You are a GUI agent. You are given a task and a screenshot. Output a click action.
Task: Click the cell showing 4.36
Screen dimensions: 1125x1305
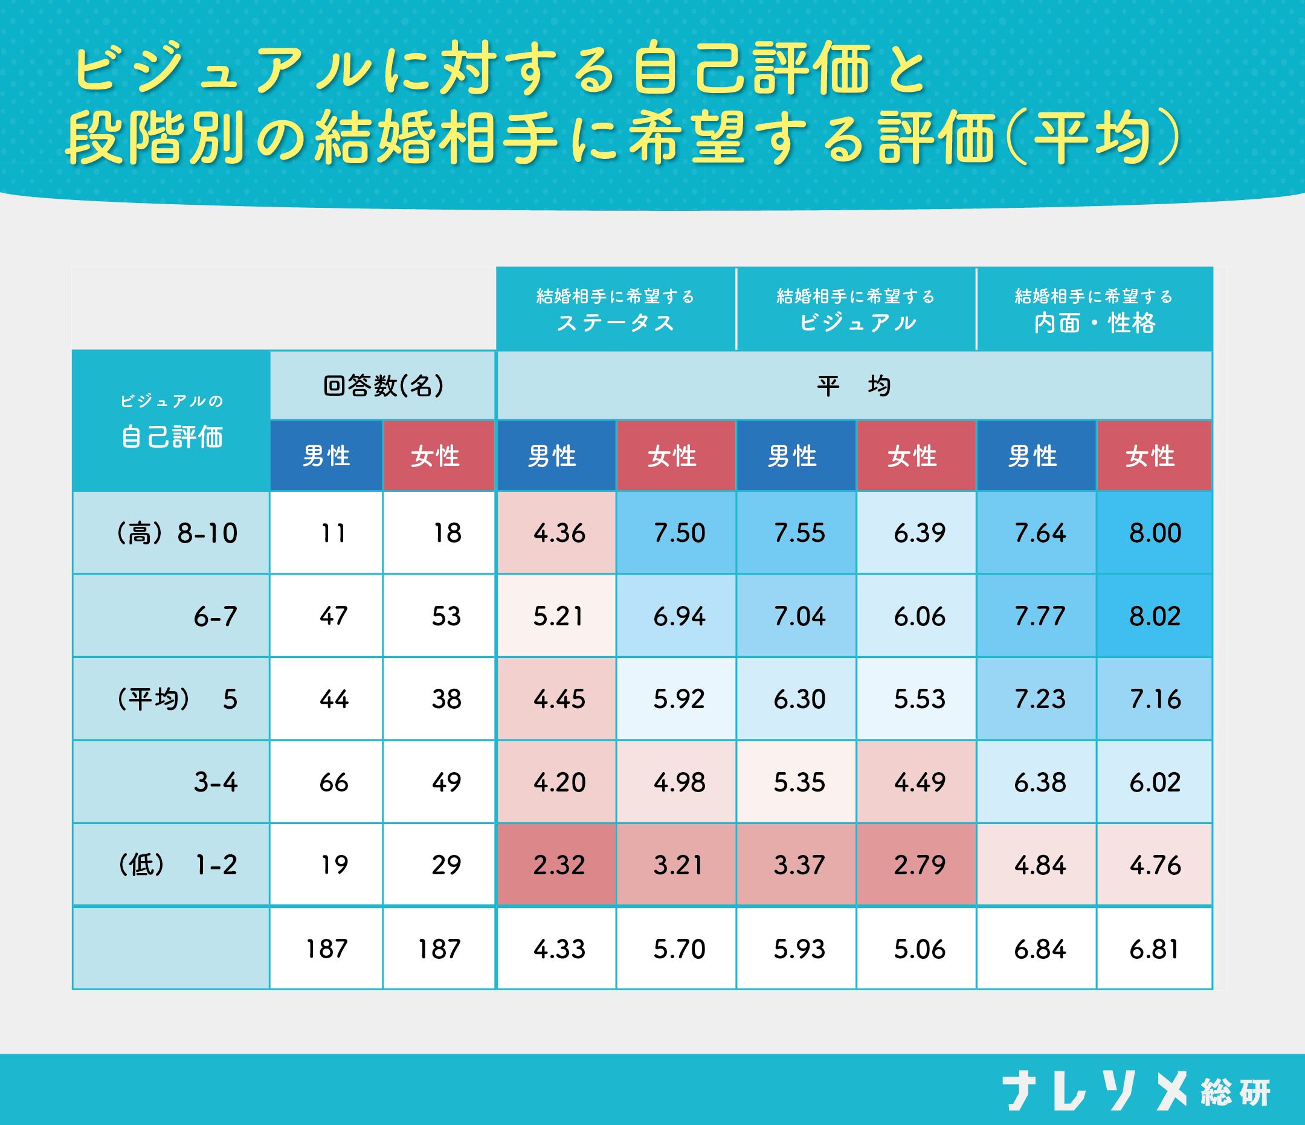tap(559, 533)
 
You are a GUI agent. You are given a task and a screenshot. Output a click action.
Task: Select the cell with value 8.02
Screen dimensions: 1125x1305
tap(1155, 616)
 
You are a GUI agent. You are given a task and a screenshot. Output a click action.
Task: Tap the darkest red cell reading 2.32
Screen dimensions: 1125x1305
tap(559, 864)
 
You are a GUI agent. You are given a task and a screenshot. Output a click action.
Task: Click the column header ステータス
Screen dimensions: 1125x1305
tap(615, 309)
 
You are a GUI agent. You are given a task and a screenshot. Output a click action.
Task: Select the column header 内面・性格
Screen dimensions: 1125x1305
tap(1094, 309)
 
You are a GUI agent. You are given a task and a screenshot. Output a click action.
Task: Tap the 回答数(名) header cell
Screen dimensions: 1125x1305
tap(383, 385)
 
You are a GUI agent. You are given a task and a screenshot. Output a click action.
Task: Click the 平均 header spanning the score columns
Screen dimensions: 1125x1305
tap(854, 385)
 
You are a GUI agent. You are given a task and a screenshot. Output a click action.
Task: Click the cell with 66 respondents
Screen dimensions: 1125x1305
tap(333, 782)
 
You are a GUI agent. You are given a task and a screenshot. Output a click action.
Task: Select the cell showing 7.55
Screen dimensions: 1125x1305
tap(799, 533)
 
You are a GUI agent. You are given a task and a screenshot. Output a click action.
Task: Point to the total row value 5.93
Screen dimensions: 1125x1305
tap(799, 949)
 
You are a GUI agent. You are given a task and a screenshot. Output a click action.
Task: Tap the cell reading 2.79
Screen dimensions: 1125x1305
tap(920, 864)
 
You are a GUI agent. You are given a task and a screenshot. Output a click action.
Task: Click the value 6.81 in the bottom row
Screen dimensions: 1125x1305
tap(1154, 949)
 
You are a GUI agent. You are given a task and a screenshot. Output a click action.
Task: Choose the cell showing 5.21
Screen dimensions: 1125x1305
tap(559, 616)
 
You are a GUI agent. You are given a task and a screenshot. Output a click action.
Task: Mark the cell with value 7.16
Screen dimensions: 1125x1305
tap(1155, 699)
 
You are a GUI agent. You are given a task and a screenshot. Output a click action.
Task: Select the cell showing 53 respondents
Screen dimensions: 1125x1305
tap(446, 616)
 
